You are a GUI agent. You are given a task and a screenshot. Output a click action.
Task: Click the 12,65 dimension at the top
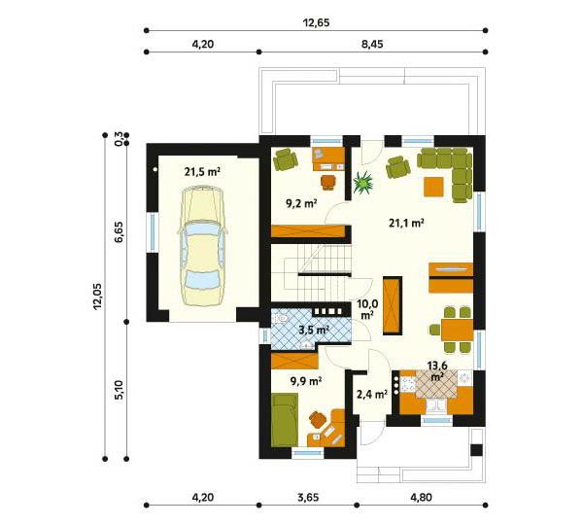(317, 22)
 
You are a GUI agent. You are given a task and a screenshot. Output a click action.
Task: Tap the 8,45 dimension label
(371, 45)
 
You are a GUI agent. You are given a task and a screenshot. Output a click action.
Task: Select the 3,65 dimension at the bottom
(308, 497)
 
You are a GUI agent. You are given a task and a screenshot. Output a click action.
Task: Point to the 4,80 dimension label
(422, 497)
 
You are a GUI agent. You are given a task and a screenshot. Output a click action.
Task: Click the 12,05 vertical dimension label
(97, 297)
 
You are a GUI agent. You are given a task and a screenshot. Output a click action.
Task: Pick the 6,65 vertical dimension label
(119, 232)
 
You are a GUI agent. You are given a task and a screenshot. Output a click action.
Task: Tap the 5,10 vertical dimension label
(119, 390)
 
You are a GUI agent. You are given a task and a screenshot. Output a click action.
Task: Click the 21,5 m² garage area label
(202, 171)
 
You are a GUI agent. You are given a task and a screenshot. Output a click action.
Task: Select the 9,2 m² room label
(301, 203)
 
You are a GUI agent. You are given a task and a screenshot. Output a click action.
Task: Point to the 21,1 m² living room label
(406, 223)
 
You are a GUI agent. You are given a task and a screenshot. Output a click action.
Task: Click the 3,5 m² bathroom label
(315, 330)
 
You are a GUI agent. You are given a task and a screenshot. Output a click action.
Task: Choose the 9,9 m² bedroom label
(306, 381)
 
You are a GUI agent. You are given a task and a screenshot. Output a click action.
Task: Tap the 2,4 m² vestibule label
(372, 394)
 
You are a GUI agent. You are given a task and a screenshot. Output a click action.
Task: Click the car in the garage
(203, 246)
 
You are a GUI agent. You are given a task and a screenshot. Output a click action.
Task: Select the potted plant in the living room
(362, 183)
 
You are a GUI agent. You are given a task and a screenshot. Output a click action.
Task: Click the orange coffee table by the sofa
(433, 187)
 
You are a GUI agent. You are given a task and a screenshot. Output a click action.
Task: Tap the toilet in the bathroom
(280, 318)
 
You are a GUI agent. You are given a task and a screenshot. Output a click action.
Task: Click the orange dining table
(457, 330)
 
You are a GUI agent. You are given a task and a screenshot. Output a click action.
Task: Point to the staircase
(317, 273)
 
